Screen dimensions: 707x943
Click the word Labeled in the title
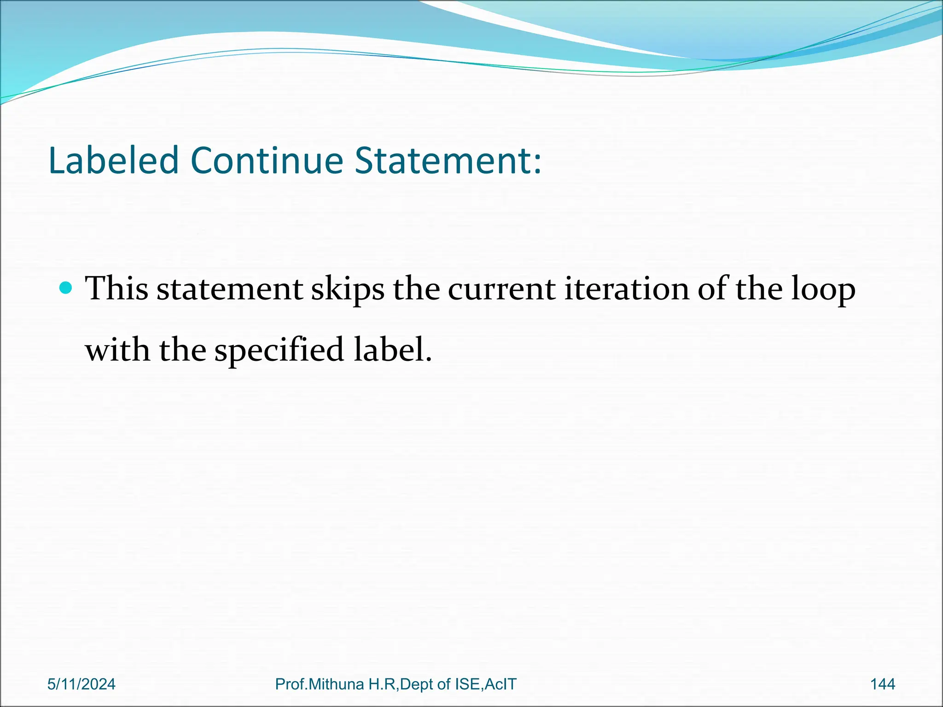[x=113, y=161]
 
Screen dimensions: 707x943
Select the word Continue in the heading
[x=267, y=161]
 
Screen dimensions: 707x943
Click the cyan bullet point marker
[x=66, y=289]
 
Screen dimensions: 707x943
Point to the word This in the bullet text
[x=117, y=289]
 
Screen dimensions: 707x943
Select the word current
[x=501, y=289]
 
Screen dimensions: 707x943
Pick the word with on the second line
[x=118, y=350]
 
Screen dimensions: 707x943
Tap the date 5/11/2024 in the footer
[x=81, y=684]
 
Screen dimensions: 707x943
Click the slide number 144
[x=883, y=684]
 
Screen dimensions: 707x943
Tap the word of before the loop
[x=712, y=289]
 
